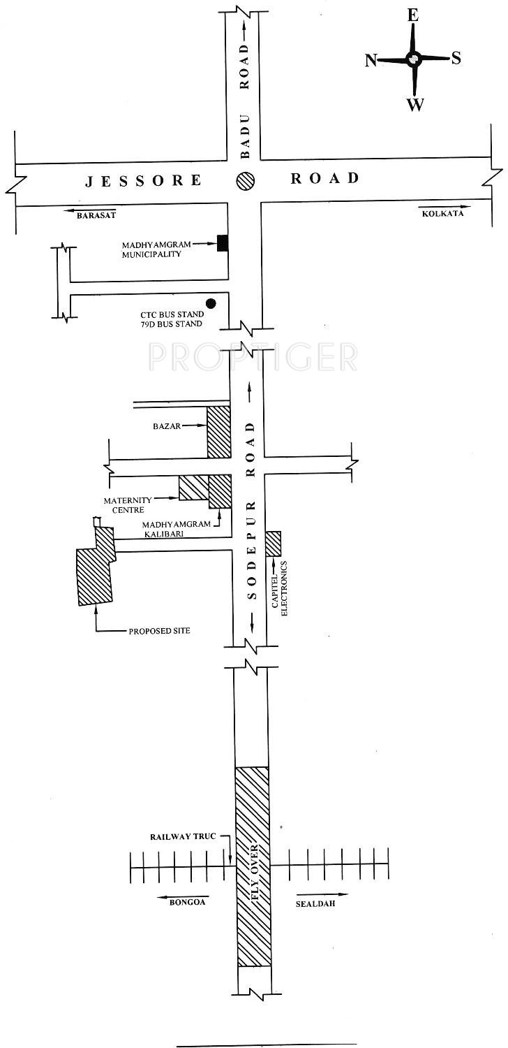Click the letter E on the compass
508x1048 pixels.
click(x=412, y=16)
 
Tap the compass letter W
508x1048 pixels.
click(x=415, y=104)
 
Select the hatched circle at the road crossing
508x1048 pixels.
click(x=245, y=180)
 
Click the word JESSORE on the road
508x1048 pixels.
click(x=144, y=180)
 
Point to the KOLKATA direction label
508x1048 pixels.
click(x=443, y=213)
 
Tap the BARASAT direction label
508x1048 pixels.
click(x=96, y=215)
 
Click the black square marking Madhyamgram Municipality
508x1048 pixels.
click(x=223, y=243)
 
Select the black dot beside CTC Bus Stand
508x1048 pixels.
click(x=211, y=304)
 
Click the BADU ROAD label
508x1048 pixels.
click(x=245, y=102)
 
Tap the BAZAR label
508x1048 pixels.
click(x=167, y=426)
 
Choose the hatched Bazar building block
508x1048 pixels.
click(x=219, y=432)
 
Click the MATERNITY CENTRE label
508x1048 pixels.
click(x=128, y=505)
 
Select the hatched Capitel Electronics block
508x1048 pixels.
click(x=274, y=544)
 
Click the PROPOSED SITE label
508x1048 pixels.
click(x=159, y=631)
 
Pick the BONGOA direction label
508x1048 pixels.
click(x=187, y=901)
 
